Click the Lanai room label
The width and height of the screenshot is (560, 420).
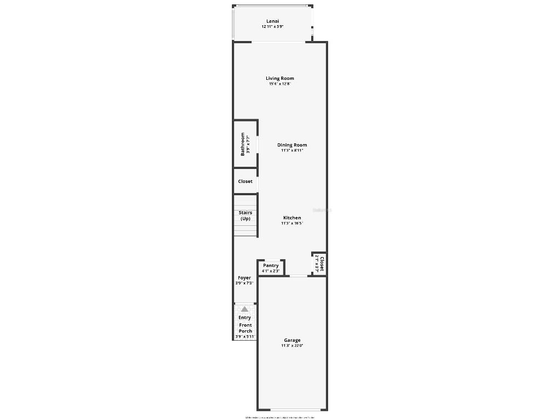click(272, 21)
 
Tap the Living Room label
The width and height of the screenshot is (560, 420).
click(280, 78)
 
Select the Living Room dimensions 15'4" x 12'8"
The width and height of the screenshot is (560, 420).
click(280, 84)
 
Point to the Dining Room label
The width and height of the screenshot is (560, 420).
click(292, 145)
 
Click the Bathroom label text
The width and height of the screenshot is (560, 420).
click(243, 144)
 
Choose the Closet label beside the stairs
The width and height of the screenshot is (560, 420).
click(245, 181)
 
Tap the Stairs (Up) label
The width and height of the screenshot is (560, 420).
click(245, 215)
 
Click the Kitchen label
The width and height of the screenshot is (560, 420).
click(292, 218)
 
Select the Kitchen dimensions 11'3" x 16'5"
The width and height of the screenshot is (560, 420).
click(292, 223)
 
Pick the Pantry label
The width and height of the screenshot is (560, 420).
click(271, 265)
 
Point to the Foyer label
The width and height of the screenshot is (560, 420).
click(244, 278)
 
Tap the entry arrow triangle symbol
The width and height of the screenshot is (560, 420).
click(244, 309)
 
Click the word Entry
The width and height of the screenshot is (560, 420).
click(244, 317)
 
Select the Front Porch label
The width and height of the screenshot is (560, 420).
click(246, 328)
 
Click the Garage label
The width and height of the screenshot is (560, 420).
click(292, 340)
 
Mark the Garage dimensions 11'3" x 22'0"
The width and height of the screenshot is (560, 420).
click(292, 346)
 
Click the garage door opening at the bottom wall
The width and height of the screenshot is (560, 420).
click(292, 410)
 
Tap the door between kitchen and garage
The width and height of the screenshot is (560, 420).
click(298, 276)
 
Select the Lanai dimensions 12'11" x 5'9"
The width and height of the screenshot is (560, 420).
click(272, 27)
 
